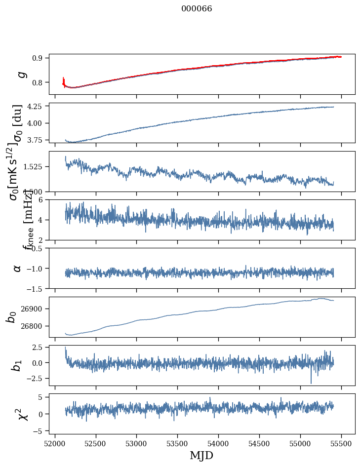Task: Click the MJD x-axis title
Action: pyautogui.click(x=201, y=455)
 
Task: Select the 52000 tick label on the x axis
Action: pyautogui.click(x=55, y=442)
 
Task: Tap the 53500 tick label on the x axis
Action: pyautogui.click(x=178, y=442)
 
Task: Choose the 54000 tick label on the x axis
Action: pyautogui.click(x=219, y=442)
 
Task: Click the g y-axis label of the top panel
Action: pyautogui.click(x=21, y=75)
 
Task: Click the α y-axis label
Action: pyautogui.click(x=18, y=268)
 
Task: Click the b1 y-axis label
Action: pyautogui.click(x=17, y=365)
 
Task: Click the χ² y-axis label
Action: pyautogui.click(x=22, y=414)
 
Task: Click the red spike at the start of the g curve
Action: pyautogui.click(x=64, y=80)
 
